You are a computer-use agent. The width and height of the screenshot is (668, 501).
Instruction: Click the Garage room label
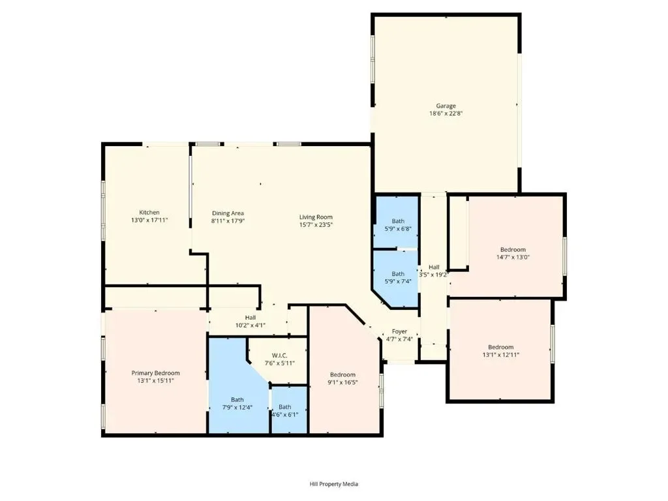(446, 106)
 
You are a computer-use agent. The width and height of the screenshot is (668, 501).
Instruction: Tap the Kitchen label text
(149, 212)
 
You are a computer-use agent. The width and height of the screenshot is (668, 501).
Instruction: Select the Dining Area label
(228, 213)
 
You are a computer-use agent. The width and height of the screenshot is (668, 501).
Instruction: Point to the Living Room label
(316, 217)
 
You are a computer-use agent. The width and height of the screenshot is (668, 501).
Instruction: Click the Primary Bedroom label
(155, 372)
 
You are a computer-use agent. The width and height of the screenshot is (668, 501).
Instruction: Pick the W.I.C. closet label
(279, 356)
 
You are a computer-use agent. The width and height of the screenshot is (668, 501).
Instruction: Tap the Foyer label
(400, 331)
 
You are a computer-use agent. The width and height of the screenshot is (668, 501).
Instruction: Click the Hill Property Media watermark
(333, 484)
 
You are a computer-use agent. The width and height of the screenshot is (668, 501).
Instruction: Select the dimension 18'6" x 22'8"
(446, 114)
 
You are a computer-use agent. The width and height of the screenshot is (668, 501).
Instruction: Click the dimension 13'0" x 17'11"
(149, 220)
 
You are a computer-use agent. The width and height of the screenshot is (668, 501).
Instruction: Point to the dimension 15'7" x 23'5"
(316, 224)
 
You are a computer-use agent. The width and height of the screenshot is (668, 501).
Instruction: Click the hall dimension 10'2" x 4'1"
(250, 325)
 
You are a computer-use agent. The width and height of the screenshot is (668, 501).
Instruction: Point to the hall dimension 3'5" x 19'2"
(434, 275)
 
